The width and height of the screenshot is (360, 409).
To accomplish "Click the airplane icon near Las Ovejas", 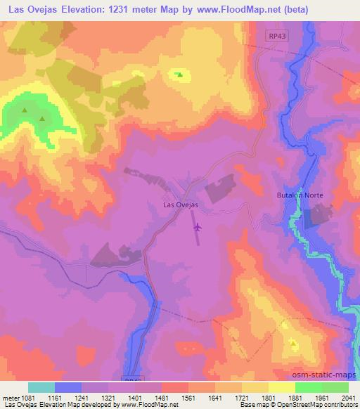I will click(198, 226).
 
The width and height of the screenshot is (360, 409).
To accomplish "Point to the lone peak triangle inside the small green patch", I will click(179, 74).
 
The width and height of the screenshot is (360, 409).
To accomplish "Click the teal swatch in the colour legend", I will click(41, 387).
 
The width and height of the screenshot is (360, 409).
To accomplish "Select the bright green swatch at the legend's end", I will click(335, 387).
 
